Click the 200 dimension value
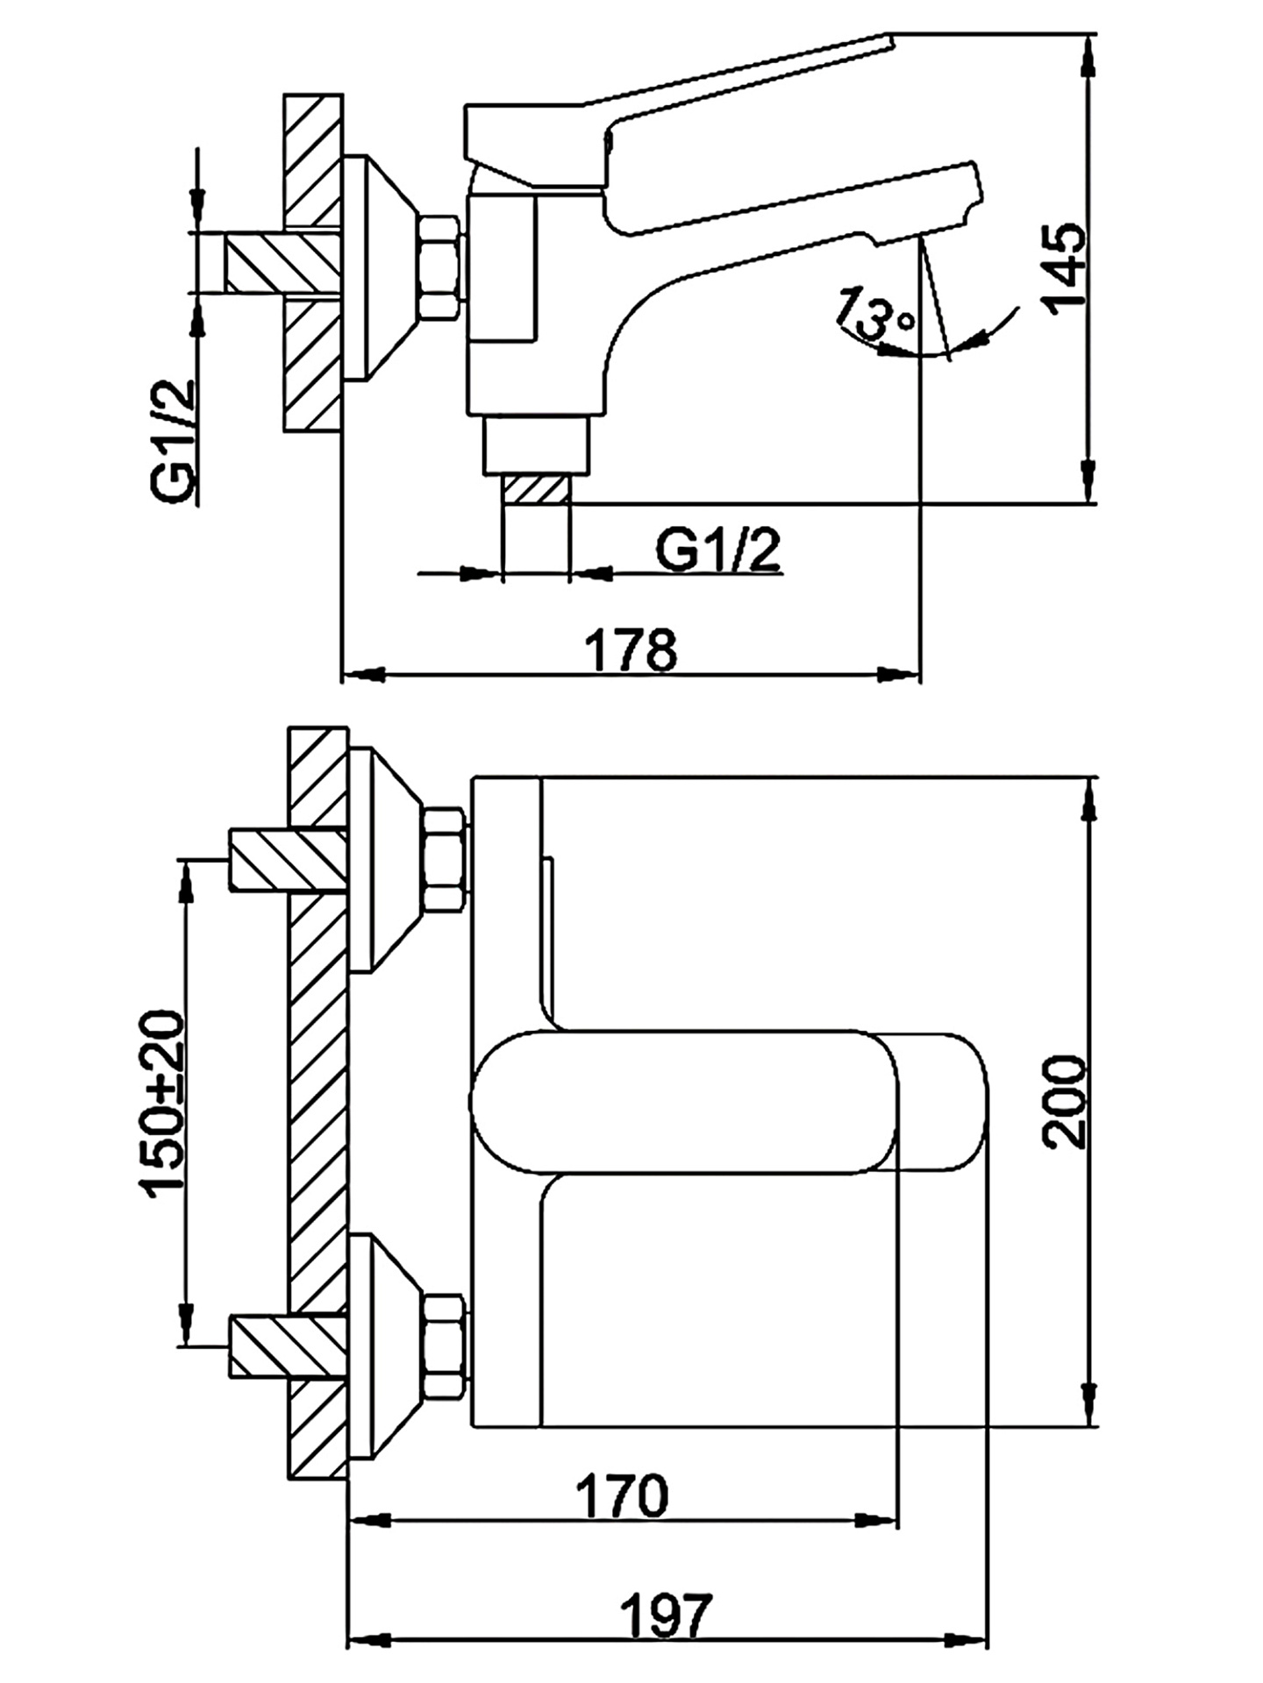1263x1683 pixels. (1065, 1103)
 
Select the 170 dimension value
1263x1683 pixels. (623, 1496)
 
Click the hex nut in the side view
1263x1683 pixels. (439, 268)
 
